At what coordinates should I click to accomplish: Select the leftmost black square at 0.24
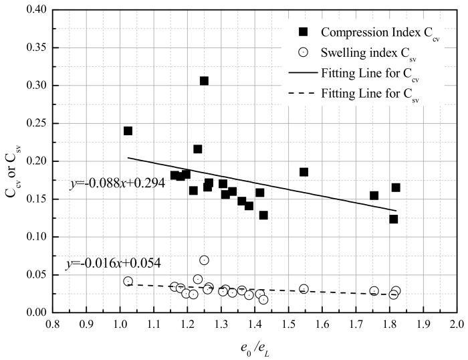[128, 131]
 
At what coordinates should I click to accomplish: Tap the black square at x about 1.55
[304, 172]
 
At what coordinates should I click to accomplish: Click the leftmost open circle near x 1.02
[128, 282]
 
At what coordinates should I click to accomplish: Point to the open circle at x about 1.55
[304, 289]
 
